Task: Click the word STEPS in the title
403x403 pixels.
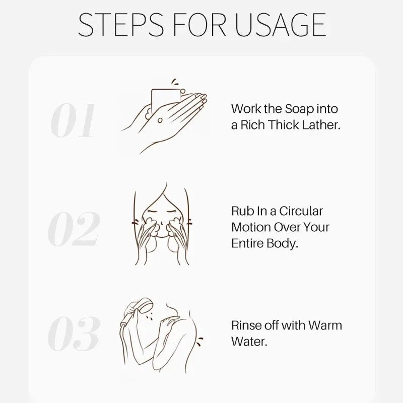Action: coord(120,24)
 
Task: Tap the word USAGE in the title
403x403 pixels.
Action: coord(281,24)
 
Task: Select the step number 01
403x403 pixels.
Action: coord(73,120)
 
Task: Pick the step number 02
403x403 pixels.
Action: coord(74,229)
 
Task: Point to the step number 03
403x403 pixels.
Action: coord(74,333)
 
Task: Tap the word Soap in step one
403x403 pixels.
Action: coord(299,109)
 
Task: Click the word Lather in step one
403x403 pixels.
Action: coord(321,125)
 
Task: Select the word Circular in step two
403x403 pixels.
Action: coord(301,211)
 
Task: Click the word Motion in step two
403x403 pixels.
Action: coord(251,227)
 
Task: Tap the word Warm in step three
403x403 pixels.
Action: coord(325,325)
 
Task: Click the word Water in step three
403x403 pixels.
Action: coord(249,342)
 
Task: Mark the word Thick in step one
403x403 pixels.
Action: coord(284,125)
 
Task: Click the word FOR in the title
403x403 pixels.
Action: coord(199,24)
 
